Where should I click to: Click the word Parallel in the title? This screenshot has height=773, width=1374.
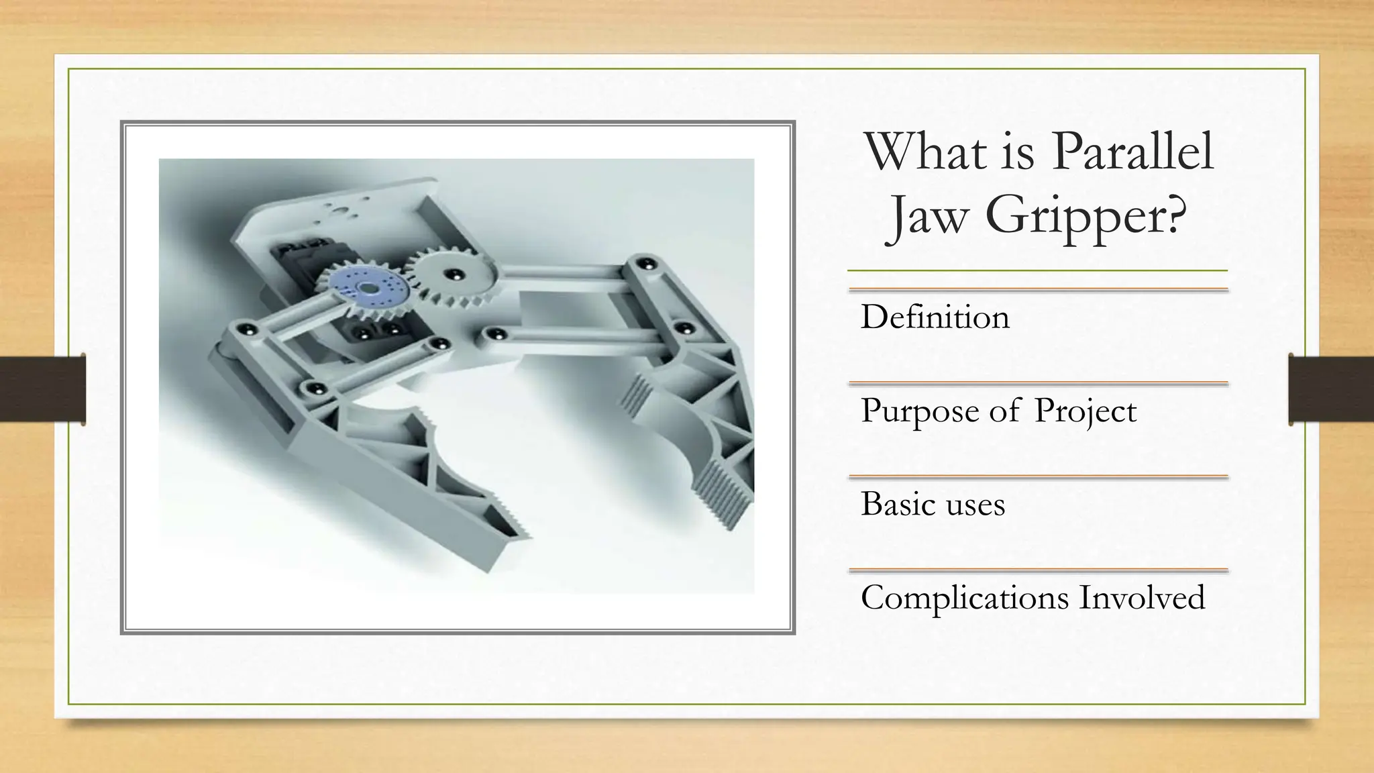pyautogui.click(x=1132, y=152)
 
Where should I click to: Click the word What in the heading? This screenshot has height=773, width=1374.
pyautogui.click(x=926, y=152)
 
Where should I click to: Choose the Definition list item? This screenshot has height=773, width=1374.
pyautogui.click(x=935, y=317)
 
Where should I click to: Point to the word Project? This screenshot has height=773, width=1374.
pyautogui.click(x=1085, y=411)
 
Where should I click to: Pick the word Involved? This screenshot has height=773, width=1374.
pyautogui.click(x=1142, y=597)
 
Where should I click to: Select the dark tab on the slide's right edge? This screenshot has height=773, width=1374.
pyautogui.click(x=1331, y=389)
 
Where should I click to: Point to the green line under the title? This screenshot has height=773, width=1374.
pyautogui.click(x=1037, y=271)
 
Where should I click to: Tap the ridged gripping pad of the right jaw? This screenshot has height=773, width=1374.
pyautogui.click(x=721, y=490)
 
